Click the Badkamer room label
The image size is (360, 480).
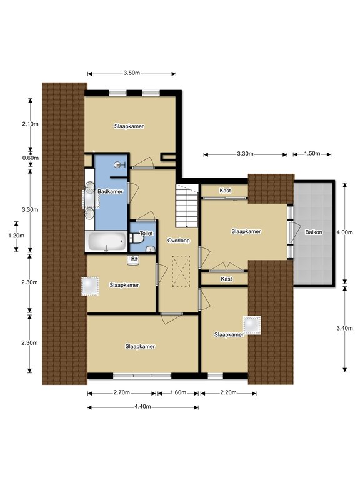click(110, 191)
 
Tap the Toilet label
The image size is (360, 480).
click(146, 233)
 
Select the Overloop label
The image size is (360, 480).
click(179, 241)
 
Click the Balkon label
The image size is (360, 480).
click(314, 232)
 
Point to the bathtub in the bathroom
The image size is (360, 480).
click(107, 241)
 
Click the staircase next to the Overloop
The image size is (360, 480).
click(187, 206)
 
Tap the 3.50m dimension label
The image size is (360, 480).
click(132, 73)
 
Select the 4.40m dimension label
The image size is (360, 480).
click(142, 406)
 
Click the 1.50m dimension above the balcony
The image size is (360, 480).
click(312, 153)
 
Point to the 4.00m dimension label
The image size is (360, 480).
click(345, 232)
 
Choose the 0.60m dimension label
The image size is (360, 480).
click(31, 158)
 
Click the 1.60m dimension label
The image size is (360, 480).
click(178, 392)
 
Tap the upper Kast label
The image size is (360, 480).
click(225, 191)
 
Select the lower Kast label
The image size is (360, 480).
click(226, 279)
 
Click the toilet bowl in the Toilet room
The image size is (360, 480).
click(135, 239)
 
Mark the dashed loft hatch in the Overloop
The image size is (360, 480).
click(181, 271)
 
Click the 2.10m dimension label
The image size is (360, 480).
click(30, 124)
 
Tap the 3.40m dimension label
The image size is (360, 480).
click(345, 328)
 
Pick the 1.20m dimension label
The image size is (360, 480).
click(16, 236)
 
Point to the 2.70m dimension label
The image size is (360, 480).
click(122, 392)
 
